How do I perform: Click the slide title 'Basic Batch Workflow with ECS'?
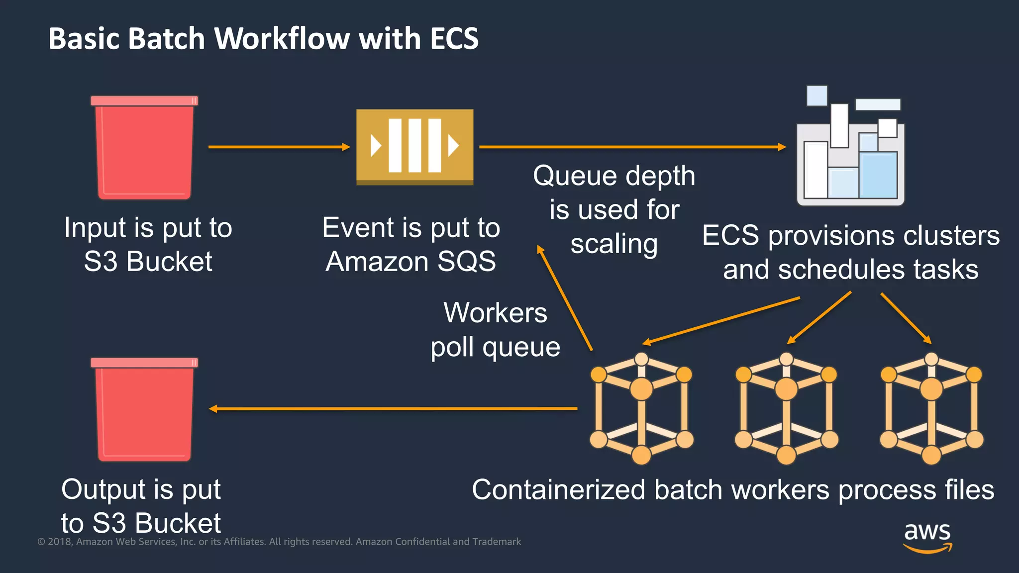(x=263, y=39)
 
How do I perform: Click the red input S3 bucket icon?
(x=144, y=148)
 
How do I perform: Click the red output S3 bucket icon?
(x=144, y=409)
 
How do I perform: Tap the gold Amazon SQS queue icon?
(x=414, y=147)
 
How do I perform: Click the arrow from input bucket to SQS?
(x=279, y=147)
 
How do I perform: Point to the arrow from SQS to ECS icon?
(x=632, y=147)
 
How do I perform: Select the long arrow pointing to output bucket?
(x=393, y=409)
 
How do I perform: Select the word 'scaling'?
(x=614, y=244)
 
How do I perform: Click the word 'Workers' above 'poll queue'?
(x=495, y=313)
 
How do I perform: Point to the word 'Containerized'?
(x=558, y=489)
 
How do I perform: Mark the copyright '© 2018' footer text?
(x=55, y=542)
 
